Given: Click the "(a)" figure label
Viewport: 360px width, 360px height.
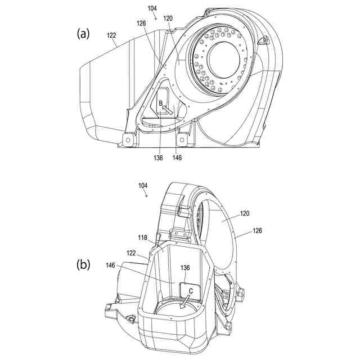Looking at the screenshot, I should (x=83, y=34).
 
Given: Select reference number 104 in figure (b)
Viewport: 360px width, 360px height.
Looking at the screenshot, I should (x=143, y=186).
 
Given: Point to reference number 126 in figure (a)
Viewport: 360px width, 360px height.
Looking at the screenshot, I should (x=142, y=23).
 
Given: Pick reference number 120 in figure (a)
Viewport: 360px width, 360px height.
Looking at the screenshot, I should (x=168, y=19).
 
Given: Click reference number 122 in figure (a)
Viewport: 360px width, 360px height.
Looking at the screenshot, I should (x=111, y=35).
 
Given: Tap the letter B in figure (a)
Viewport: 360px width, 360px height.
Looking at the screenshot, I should (x=160, y=103).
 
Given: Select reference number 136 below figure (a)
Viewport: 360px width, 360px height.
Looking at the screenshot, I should (x=158, y=158).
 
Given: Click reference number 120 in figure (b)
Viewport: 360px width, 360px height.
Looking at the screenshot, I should (x=245, y=214).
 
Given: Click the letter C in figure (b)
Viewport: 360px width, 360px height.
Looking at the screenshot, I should (x=191, y=291).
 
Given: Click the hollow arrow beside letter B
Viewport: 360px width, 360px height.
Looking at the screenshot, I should (x=168, y=109).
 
